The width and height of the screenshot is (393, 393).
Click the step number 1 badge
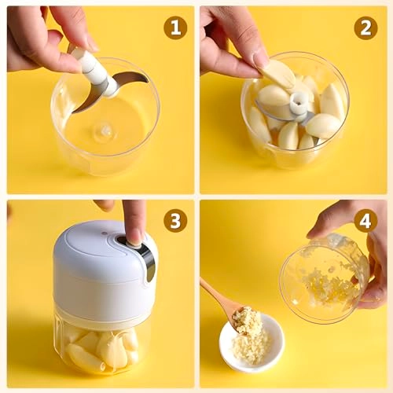click(175, 28)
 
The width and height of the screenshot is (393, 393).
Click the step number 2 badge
click(365, 28)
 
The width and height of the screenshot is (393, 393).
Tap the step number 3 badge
click(175, 220)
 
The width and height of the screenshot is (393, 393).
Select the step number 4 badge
click(365, 220)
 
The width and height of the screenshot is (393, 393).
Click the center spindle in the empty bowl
click(104, 130)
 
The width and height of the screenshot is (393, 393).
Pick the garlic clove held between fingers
click(278, 73)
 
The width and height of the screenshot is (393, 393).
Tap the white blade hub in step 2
click(299, 102)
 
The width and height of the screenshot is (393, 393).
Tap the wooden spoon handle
click(217, 295)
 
